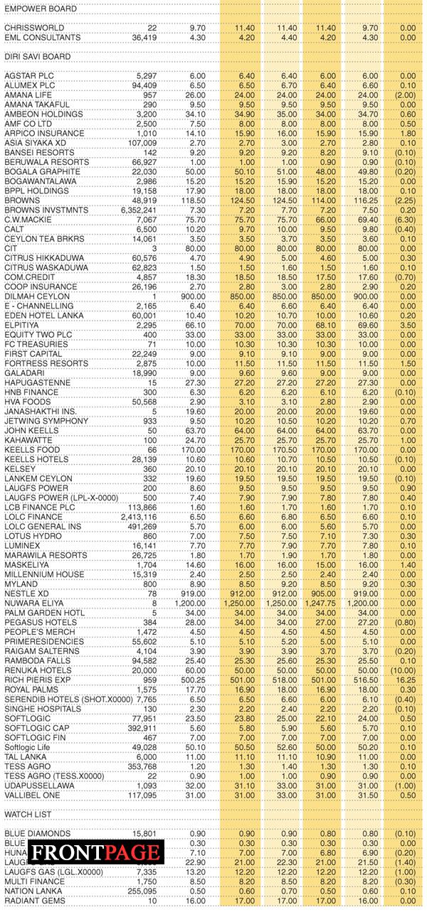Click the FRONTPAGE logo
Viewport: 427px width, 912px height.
click(x=95, y=852)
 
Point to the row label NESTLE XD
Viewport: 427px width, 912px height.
click(x=26, y=594)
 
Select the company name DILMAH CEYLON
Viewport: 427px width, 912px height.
click(x=37, y=296)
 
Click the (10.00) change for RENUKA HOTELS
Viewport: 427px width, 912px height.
click(x=404, y=670)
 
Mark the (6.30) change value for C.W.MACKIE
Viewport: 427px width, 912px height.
click(x=405, y=220)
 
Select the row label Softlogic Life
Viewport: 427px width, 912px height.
click(x=30, y=746)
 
